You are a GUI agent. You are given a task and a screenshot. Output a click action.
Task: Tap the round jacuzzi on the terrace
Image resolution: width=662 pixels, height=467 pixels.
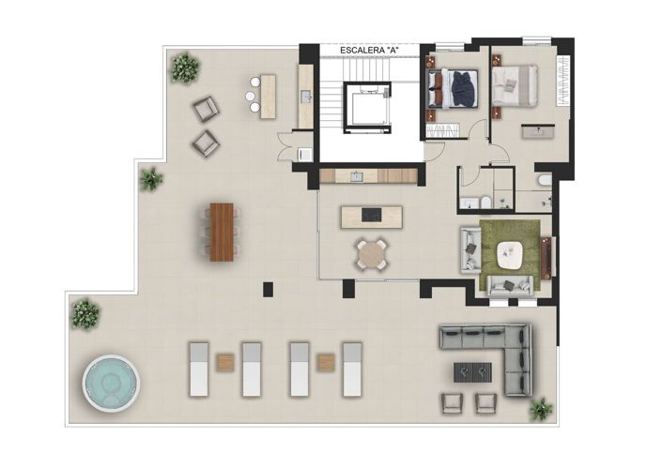(x=111, y=384)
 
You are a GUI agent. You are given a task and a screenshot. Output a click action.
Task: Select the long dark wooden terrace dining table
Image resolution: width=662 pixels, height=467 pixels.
(x=221, y=232)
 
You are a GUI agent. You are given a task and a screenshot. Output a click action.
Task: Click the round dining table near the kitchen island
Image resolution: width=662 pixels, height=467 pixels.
(x=371, y=253)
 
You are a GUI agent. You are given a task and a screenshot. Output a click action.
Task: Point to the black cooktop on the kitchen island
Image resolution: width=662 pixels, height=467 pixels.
(x=372, y=216)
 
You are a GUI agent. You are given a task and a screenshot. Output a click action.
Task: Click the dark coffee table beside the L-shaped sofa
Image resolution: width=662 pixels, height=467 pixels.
(x=471, y=371)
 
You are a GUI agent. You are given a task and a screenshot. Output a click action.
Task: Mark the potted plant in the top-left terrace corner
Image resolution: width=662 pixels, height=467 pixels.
(x=185, y=68)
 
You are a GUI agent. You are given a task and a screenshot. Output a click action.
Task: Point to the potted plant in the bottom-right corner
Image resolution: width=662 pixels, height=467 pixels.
(x=541, y=409)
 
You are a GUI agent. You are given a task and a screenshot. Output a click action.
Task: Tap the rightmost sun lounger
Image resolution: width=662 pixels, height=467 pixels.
(x=352, y=368)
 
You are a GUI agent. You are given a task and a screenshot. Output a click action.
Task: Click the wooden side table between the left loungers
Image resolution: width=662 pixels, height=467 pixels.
(x=225, y=362)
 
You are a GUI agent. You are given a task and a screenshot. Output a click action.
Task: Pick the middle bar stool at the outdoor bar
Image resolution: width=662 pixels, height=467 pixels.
(x=253, y=96)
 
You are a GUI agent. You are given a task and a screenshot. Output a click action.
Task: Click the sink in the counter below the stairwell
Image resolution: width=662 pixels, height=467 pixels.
(x=356, y=175)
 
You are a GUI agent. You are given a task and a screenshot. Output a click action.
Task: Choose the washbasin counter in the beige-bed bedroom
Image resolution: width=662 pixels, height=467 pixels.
(x=539, y=131)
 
